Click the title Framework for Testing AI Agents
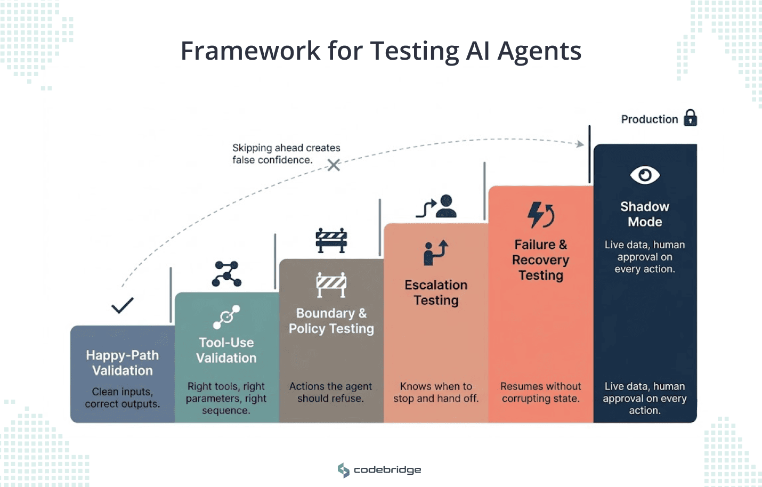(381, 51)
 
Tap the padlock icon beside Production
(691, 118)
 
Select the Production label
(649, 119)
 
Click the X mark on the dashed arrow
(334, 165)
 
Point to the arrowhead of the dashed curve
(580, 143)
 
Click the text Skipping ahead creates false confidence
(286, 154)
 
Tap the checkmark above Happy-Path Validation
(122, 305)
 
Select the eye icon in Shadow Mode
(645, 175)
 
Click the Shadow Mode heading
(645, 214)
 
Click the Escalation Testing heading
(436, 293)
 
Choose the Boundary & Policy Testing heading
(331, 321)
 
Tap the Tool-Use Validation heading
(226, 350)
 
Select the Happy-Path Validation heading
(123, 363)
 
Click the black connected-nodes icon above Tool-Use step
(226, 274)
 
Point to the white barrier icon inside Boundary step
(331, 284)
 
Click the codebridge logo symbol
(344, 470)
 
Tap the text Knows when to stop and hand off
(436, 392)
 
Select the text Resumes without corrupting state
(540, 392)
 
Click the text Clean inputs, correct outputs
(123, 397)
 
